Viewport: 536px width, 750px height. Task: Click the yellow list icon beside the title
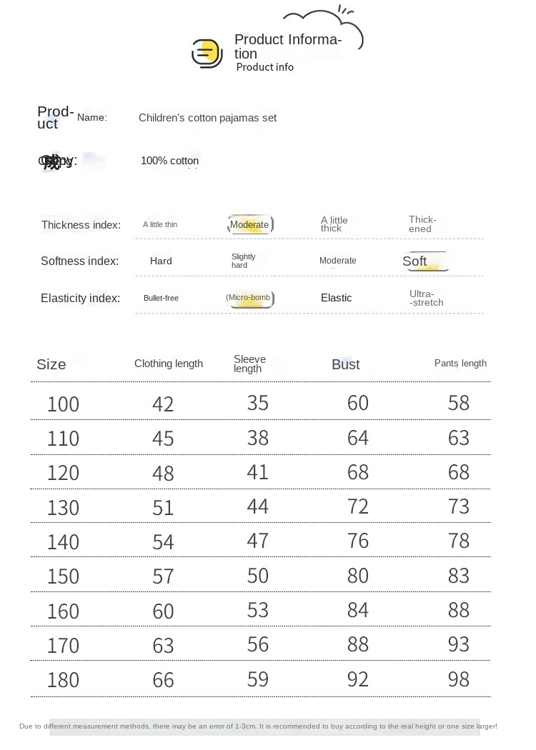(x=207, y=54)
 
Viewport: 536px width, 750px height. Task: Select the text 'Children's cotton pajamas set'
(x=207, y=118)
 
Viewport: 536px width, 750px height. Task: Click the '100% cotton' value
(x=169, y=161)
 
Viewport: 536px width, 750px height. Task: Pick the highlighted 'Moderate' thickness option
(x=249, y=225)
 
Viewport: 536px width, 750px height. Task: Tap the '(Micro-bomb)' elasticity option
(x=249, y=298)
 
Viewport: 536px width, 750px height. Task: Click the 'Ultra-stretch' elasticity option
(x=426, y=299)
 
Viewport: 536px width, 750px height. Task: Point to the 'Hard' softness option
(x=161, y=261)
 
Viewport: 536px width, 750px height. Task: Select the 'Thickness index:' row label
(x=81, y=225)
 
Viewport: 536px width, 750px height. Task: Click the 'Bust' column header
(x=345, y=364)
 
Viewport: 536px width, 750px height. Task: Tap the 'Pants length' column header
(x=460, y=364)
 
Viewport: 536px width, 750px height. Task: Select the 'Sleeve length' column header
(x=249, y=364)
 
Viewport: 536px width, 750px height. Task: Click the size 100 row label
(x=63, y=404)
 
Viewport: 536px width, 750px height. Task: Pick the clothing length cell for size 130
(x=163, y=508)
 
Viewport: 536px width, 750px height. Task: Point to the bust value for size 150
(x=357, y=576)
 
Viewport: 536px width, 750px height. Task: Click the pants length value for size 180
(x=458, y=679)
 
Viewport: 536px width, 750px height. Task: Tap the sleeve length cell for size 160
(x=257, y=610)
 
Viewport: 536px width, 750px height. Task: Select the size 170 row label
(x=63, y=646)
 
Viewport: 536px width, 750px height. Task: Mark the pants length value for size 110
(x=458, y=438)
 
